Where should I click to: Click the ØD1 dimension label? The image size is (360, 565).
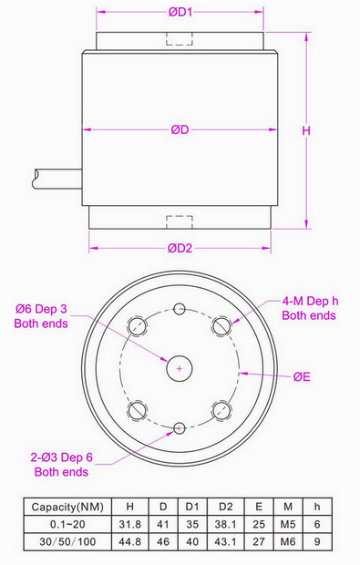click(180, 12)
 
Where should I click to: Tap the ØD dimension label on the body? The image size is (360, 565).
click(180, 129)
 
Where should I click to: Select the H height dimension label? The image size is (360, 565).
click(306, 130)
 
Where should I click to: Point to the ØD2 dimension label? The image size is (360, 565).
click(180, 248)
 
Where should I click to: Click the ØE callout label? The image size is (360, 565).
click(302, 377)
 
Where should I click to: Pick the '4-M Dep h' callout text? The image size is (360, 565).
click(310, 301)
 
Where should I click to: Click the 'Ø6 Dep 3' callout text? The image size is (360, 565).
click(41, 309)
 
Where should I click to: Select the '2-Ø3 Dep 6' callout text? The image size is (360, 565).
click(62, 457)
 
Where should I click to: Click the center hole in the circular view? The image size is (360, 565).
click(180, 368)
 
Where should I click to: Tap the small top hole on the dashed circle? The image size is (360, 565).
click(180, 308)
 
